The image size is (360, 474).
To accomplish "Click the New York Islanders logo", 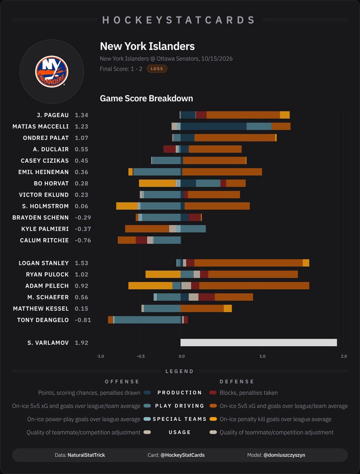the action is click(52, 72).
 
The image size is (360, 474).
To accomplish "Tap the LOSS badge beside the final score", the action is click(157, 69).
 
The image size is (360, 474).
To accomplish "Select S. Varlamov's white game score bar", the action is click(259, 343).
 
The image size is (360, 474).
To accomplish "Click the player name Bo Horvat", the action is click(51, 183).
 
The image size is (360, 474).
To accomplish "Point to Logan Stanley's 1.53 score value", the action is click(81, 263).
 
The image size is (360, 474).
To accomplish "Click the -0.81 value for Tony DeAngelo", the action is click(83, 320).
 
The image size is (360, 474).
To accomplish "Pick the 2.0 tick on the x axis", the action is click(344, 356).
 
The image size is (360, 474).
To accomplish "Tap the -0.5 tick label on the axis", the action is click(141, 356).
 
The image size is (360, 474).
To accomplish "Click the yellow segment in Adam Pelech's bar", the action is click(150, 286).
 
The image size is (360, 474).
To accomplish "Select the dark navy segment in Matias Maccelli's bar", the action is click(214, 126).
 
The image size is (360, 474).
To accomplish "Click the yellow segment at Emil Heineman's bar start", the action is click(130, 172).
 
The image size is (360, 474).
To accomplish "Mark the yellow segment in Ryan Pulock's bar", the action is click(163, 274).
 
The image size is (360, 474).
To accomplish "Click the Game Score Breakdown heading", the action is click(146, 98).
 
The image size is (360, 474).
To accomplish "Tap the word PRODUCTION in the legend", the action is click(179, 392).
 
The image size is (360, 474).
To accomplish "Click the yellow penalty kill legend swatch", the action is click(213, 419).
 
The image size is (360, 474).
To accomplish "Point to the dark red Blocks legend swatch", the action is click(213, 392).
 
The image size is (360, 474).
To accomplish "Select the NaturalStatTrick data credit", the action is click(86, 455).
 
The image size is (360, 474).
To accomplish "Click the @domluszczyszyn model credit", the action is click(284, 455).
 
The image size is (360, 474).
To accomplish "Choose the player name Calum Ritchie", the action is click(44, 240).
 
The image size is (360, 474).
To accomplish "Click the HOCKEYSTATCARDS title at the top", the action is click(179, 20).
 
